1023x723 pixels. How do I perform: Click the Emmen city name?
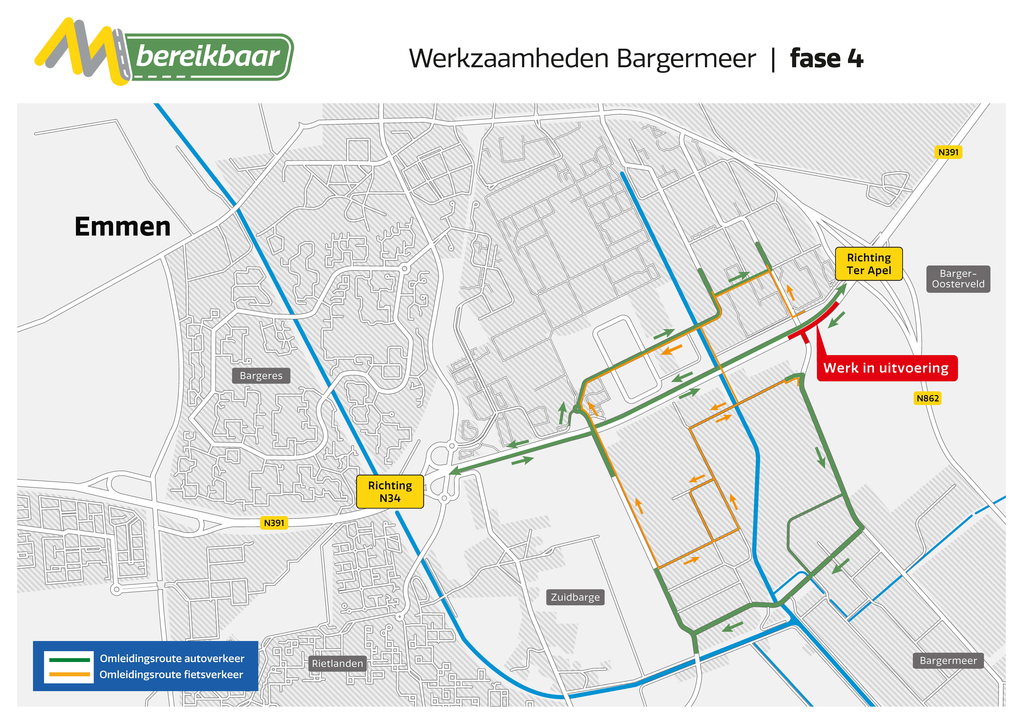pos(122,227)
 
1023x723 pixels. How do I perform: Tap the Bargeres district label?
pos(261,376)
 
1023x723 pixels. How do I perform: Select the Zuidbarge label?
pos(575,597)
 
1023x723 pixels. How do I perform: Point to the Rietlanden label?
pos(337,663)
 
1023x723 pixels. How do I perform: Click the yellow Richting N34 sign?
pos(390,491)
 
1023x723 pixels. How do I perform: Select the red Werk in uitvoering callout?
pos(887,368)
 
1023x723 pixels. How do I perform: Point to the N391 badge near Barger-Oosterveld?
pos(948,152)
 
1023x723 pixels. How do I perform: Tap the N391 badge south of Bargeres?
pos(274,523)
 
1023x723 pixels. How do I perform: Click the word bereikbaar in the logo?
pos(208,57)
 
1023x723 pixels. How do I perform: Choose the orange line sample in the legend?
pos(69,674)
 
